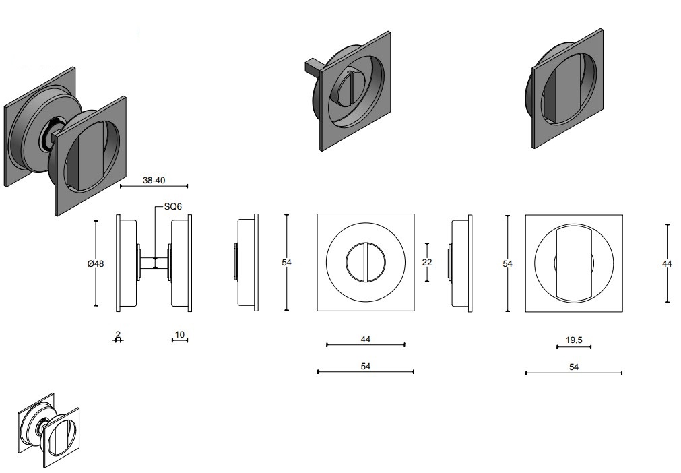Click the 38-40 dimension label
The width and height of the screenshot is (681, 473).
[154, 181]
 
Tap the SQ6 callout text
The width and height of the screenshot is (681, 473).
[172, 208]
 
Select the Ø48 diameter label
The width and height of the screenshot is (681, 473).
[96, 263]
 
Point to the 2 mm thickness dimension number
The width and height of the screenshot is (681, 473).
[117, 334]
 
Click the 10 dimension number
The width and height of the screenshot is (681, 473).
[179, 334]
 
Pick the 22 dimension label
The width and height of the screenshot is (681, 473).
[427, 262]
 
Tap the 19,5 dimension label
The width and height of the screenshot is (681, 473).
[574, 340]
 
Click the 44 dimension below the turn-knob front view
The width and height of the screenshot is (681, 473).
[366, 339]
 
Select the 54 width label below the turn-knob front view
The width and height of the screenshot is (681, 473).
[366, 366]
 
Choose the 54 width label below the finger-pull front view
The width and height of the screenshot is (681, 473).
[574, 367]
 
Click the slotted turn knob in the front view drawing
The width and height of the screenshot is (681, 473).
[365, 262]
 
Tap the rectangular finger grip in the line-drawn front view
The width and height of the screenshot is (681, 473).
[574, 263]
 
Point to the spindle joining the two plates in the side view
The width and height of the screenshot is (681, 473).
[154, 262]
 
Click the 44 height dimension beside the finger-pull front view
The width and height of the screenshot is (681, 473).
[667, 264]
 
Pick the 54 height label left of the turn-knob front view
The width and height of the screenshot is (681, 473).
[286, 262]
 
